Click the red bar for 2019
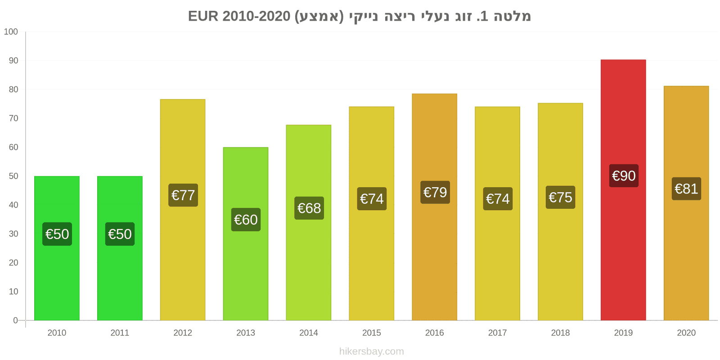(x=623, y=112)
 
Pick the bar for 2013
(x=246, y=270)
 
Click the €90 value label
(x=624, y=175)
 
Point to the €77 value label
(x=183, y=195)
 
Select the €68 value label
(x=309, y=208)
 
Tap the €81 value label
(x=686, y=189)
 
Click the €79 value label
(x=435, y=192)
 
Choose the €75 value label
(x=560, y=197)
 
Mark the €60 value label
(x=246, y=220)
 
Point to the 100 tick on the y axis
(x=11, y=31)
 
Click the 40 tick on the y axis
(x=13, y=205)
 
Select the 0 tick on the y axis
(x=15, y=320)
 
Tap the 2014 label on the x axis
(x=309, y=333)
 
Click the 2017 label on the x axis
(x=497, y=333)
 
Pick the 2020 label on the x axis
(x=686, y=333)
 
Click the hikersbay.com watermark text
(x=371, y=351)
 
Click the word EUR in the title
(x=203, y=16)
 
